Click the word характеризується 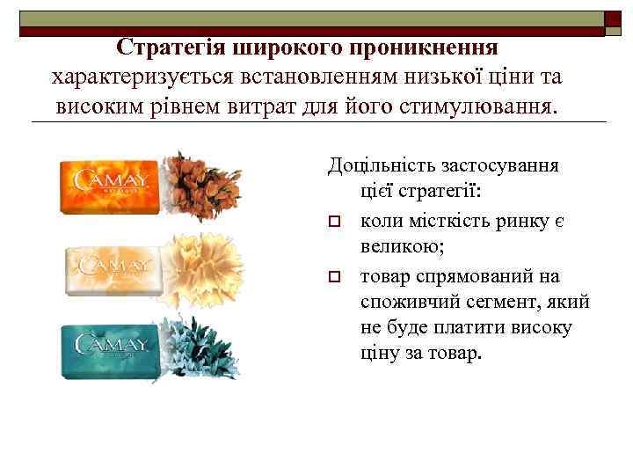[141, 77]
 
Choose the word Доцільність [382, 164]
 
